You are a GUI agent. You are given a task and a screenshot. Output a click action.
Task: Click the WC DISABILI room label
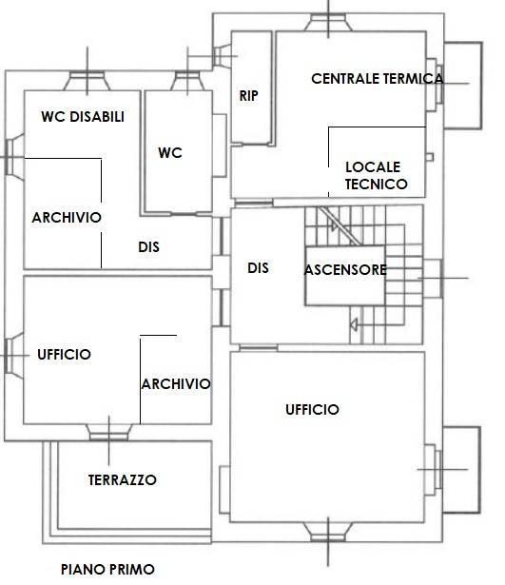click(83, 117)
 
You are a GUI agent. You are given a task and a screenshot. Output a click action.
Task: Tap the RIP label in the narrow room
click(248, 96)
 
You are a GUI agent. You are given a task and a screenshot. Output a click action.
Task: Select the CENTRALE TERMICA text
click(377, 79)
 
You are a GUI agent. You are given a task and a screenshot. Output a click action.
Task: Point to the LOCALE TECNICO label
click(376, 175)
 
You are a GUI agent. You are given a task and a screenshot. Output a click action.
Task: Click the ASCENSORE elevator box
click(345, 276)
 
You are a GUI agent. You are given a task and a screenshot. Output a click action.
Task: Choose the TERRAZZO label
click(123, 480)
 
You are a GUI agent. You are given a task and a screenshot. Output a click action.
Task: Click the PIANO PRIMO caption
click(107, 570)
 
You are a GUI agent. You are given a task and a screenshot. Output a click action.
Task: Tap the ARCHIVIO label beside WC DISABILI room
click(67, 218)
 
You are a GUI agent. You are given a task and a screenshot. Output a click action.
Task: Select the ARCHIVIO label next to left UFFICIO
click(176, 384)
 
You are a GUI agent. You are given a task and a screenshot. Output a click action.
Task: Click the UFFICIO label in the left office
click(64, 355)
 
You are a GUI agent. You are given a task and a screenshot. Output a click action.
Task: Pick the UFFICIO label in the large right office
click(312, 410)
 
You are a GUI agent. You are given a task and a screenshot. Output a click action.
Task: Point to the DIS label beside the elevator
click(258, 268)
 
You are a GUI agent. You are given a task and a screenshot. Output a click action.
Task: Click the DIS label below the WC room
click(148, 247)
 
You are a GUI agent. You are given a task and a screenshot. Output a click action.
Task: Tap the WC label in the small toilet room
click(170, 152)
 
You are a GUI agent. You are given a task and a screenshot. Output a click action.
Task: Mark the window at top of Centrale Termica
click(328, 23)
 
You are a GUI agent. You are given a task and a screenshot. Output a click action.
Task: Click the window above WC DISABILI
click(87, 81)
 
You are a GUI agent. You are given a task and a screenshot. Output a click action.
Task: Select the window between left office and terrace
click(109, 433)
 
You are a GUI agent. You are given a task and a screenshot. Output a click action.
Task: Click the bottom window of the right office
click(328, 532)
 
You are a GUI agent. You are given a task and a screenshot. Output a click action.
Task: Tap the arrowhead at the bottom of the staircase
click(354, 324)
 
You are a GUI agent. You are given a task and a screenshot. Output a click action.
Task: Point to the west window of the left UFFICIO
click(14, 355)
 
